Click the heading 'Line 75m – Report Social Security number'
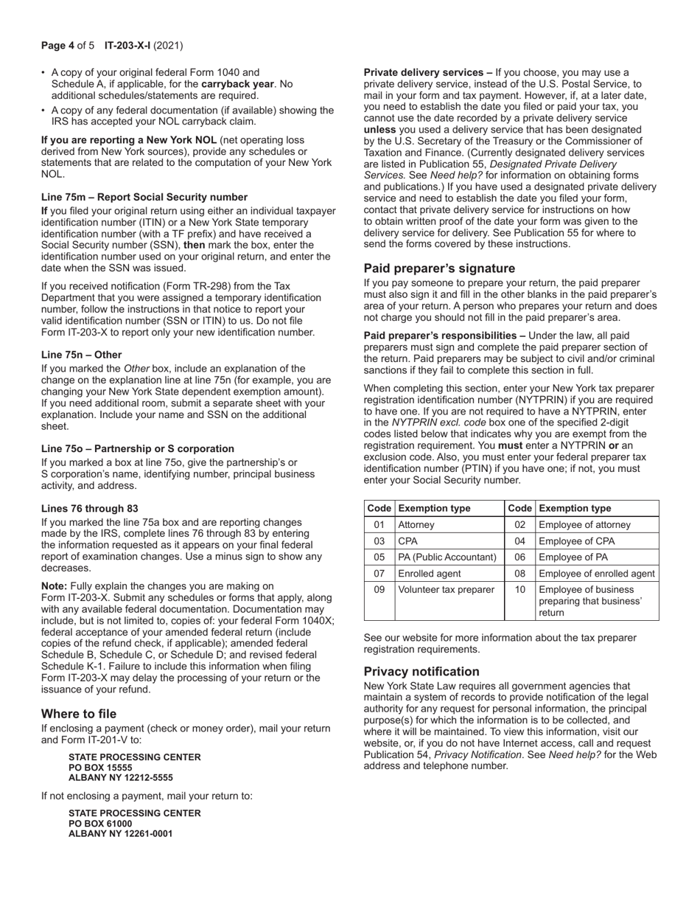(x=144, y=197)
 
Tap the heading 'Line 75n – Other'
(x=82, y=355)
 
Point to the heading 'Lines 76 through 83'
(x=89, y=509)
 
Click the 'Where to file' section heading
(x=79, y=714)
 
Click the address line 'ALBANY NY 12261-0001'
(x=121, y=834)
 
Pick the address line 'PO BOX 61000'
(x=100, y=824)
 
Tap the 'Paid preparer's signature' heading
(x=439, y=268)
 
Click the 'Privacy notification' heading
(x=421, y=672)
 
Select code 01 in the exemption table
(x=379, y=525)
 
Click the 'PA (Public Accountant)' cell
(x=447, y=557)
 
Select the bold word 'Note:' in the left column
(x=55, y=586)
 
